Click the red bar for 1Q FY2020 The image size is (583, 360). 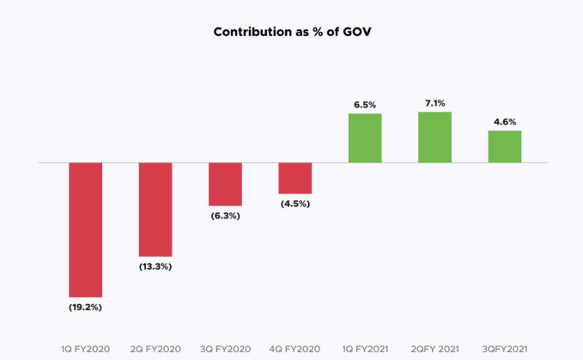(86, 229)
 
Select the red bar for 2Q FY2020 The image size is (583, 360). (155, 209)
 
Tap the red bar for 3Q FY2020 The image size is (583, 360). (225, 184)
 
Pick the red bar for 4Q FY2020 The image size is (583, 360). (295, 178)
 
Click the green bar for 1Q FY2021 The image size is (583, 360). (365, 137)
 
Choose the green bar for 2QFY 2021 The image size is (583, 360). (434, 137)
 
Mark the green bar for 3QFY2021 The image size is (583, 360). (505, 146)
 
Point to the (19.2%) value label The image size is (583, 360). (86, 306)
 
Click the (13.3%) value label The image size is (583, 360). (155, 265)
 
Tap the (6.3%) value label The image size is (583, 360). (225, 216)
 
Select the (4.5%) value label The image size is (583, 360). (295, 204)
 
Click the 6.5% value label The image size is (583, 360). (365, 104)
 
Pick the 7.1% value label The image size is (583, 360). (434, 103)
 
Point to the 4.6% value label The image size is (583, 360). (505, 121)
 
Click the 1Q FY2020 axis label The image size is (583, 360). (86, 348)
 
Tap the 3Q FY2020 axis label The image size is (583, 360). (225, 348)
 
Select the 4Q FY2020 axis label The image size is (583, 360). (295, 348)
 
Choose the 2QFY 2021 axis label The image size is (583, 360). (434, 348)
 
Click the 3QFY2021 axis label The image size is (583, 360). (505, 348)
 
